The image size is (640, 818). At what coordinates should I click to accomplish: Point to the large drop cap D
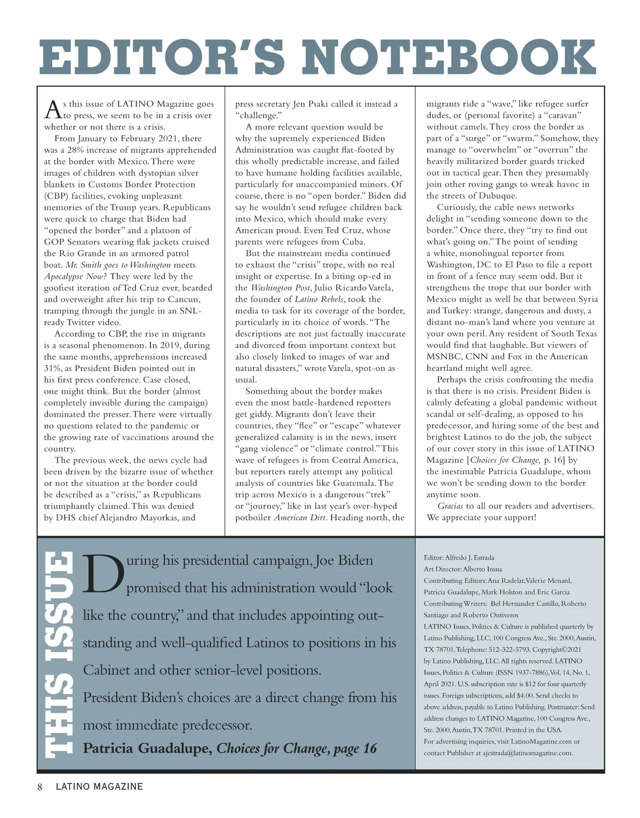click(103, 574)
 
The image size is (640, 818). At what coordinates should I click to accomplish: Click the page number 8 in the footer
click(40, 787)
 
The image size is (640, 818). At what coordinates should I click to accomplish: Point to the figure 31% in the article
click(52, 368)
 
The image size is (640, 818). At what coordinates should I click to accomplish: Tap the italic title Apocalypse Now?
click(75, 277)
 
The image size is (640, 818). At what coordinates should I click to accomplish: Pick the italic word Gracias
click(450, 506)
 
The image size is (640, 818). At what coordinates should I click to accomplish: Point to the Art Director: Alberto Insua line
click(462, 569)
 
